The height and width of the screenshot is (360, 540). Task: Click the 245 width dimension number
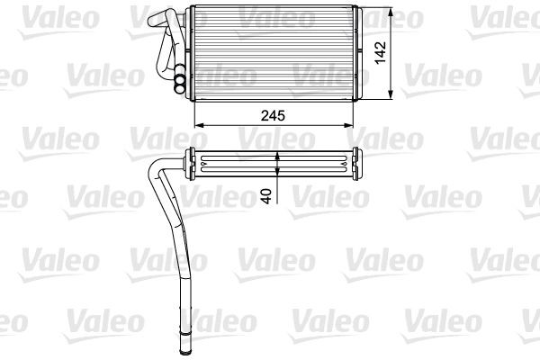click(x=275, y=115)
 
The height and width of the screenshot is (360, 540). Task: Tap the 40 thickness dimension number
click(x=265, y=196)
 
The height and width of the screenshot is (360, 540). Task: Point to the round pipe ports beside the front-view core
click(x=181, y=82)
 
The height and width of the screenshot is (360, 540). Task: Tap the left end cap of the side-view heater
click(x=191, y=165)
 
